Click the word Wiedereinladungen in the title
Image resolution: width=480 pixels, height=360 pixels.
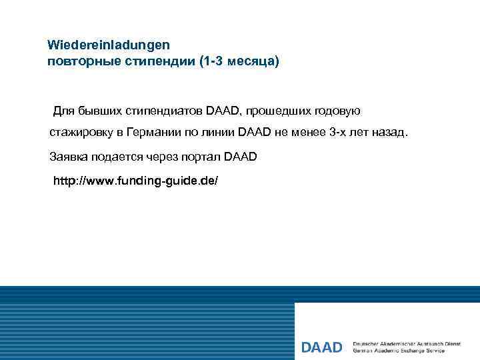109,45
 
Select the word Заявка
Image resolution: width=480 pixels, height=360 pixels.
69,157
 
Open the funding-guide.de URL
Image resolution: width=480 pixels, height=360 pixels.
135,181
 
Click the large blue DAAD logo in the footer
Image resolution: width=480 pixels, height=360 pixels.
321,347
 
